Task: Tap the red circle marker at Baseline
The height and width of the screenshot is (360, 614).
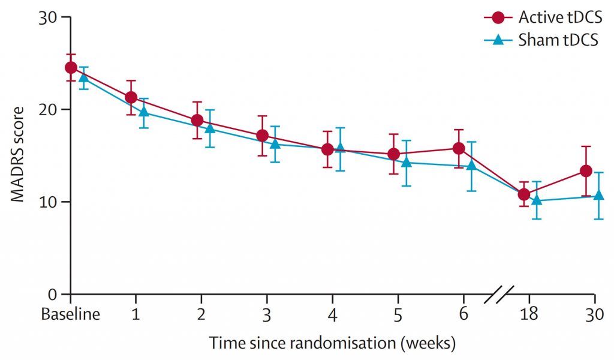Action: (71, 67)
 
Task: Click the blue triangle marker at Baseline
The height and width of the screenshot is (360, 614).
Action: (84, 77)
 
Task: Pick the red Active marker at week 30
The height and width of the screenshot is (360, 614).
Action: (586, 171)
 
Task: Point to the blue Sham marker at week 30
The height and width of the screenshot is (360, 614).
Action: (598, 196)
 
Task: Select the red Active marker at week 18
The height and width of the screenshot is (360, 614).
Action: (524, 194)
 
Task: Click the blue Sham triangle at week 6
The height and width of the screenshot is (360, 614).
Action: (472, 165)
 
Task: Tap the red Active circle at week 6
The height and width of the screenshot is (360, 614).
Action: (459, 148)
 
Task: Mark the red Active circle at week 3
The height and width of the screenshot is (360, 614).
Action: (262, 136)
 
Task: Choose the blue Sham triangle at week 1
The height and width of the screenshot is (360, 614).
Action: (144, 112)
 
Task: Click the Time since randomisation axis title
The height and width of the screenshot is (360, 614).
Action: (332, 344)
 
